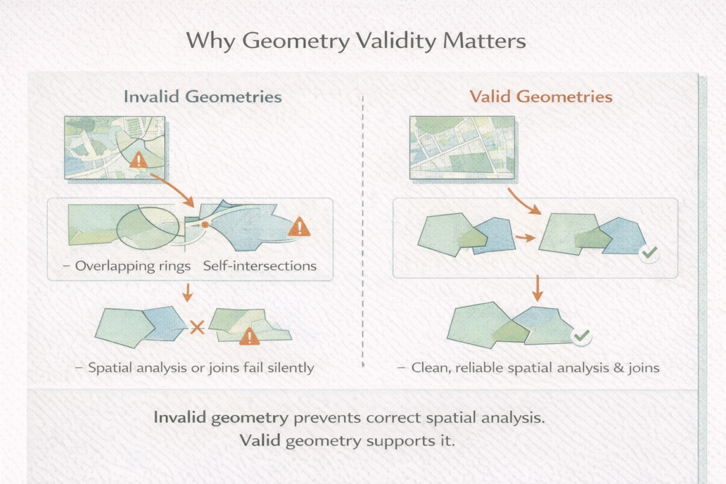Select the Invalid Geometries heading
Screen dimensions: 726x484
[202, 97]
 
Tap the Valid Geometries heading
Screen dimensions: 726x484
[541, 97]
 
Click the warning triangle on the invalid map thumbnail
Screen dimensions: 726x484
[139, 159]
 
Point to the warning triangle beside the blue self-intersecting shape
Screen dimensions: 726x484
[299, 226]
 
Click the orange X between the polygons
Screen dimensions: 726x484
[197, 328]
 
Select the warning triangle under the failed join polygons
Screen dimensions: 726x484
[249, 336]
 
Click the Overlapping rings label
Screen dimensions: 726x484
[133, 266]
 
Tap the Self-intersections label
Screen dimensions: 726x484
[260, 266]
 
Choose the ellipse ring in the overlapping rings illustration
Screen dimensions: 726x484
[117, 228]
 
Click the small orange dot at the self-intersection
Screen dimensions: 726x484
[205, 224]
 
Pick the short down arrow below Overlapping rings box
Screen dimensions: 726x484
[187, 292]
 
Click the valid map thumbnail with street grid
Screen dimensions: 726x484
[462, 148]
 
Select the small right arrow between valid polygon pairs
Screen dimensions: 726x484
[525, 238]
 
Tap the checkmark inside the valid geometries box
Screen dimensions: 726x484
[649, 253]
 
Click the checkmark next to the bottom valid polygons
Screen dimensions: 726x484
[582, 336]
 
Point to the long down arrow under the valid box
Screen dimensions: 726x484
[537, 288]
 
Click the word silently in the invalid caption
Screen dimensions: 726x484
[291, 368]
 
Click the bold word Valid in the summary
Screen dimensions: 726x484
[260, 440]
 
